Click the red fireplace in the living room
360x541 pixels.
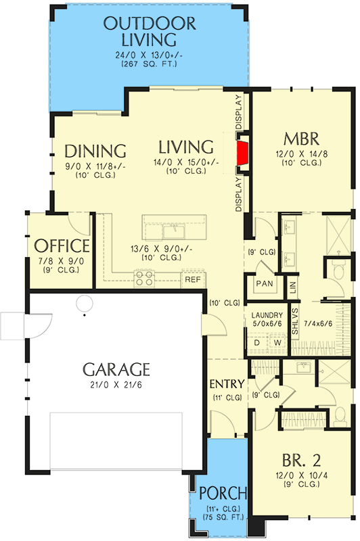pyautogui.click(x=242, y=155)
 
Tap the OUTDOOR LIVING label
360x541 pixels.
pyautogui.click(x=149, y=32)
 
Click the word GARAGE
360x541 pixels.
pyautogui.click(x=116, y=369)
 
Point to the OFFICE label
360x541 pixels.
pyautogui.click(x=62, y=245)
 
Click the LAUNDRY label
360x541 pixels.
pyautogui.click(x=266, y=315)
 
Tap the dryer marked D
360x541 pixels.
pyautogui.click(x=258, y=342)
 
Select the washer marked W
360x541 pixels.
pyautogui.click(x=277, y=342)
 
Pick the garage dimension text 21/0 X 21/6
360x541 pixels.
pyautogui.click(x=116, y=386)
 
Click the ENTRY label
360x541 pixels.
pyautogui.click(x=226, y=383)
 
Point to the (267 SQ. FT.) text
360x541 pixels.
pyautogui.click(x=149, y=64)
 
